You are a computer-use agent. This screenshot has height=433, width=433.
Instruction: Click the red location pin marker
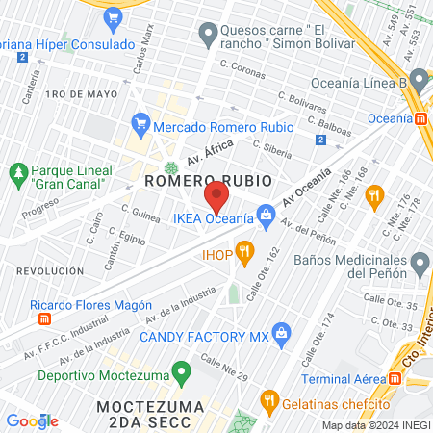click(x=216, y=200)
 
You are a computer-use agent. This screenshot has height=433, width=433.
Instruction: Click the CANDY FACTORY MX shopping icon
click(x=281, y=337)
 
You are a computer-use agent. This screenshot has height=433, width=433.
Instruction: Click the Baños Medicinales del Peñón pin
click(x=419, y=262)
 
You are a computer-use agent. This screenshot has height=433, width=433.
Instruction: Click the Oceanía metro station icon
click(x=420, y=118)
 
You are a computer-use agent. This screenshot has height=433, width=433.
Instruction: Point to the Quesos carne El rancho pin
click(x=207, y=36)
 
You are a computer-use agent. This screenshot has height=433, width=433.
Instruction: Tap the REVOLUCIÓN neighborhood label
click(x=42, y=272)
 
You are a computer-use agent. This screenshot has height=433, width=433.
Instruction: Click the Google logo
click(x=32, y=420)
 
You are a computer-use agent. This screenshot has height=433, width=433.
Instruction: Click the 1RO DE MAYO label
click(x=80, y=93)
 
